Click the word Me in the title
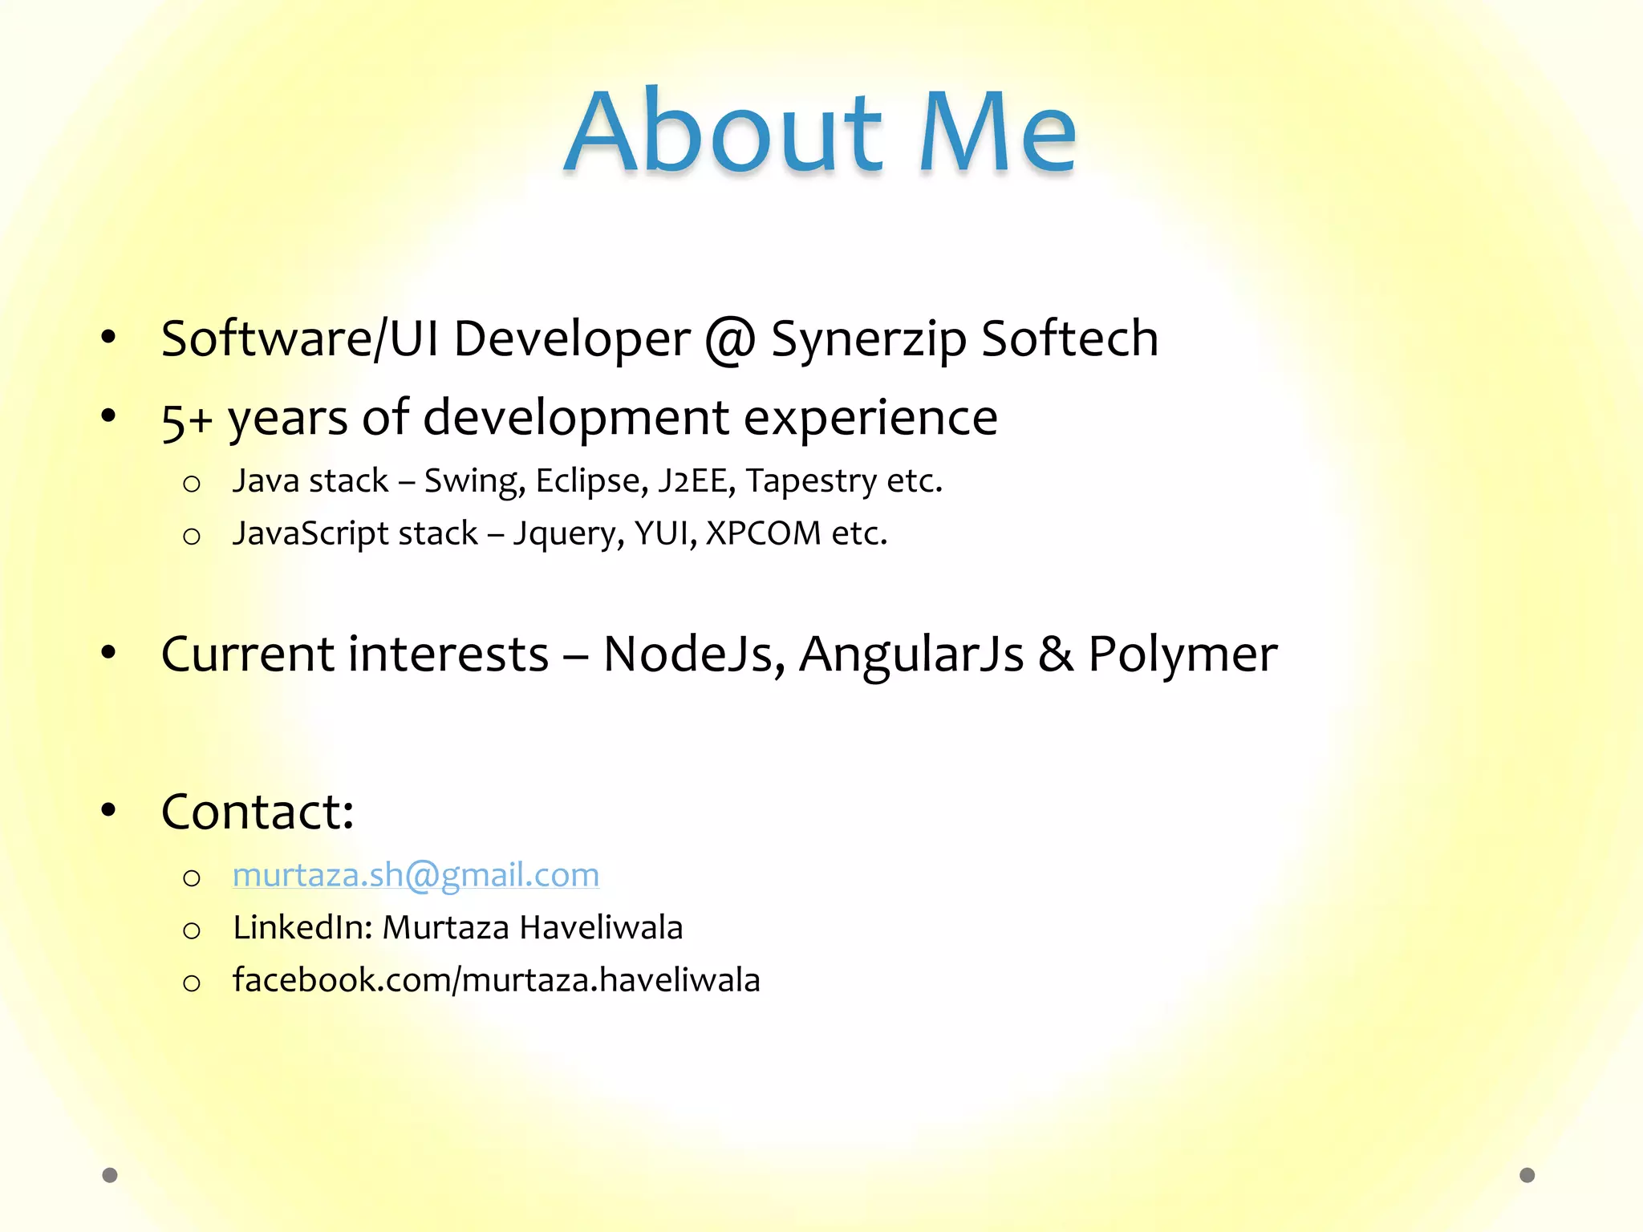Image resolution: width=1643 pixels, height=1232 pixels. pos(997,132)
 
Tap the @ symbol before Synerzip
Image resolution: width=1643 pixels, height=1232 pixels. pos(729,339)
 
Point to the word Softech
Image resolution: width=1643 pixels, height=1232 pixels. pos(1069,338)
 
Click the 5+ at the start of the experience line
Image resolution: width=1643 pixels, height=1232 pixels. pos(186,419)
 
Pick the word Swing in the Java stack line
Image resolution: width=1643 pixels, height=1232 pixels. pos(474,481)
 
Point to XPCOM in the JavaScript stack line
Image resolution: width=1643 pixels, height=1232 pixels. pos(764,533)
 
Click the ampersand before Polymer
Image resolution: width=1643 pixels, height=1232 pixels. pos(1056,654)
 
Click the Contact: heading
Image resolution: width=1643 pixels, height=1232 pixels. pos(258,812)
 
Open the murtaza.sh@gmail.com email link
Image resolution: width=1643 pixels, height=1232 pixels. pos(416,875)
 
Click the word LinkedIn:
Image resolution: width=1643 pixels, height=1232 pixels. pos(302,928)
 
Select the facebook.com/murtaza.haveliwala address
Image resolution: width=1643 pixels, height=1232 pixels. pos(496,980)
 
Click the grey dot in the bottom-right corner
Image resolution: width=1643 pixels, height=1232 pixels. pos(1527,1175)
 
